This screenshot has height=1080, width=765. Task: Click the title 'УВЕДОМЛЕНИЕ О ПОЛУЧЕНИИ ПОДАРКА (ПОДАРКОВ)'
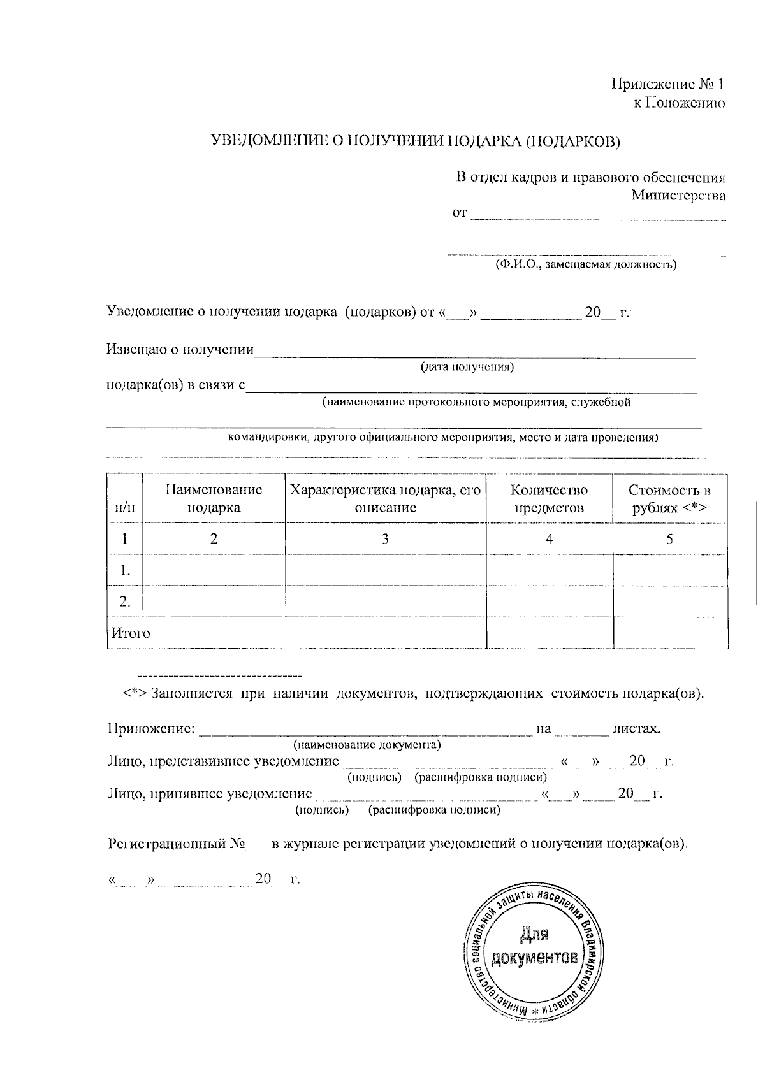tap(416, 141)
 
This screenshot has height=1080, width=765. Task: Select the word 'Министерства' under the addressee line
tap(678, 196)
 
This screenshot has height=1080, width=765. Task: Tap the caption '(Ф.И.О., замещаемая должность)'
tap(586, 264)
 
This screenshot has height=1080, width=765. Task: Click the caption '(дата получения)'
tap(467, 368)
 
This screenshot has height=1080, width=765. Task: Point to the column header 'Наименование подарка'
tap(214, 498)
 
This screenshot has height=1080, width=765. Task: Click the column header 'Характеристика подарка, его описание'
tap(385, 498)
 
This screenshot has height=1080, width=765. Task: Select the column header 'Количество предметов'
tap(549, 498)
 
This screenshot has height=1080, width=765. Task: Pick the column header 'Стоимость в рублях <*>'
tap(669, 498)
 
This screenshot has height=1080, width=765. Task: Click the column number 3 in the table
tap(385, 539)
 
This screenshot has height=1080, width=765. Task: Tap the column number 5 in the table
tap(669, 539)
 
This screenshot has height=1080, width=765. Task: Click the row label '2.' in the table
tap(125, 601)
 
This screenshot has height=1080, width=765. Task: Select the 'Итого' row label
tap(131, 633)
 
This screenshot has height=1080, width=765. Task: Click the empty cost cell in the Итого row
tap(669, 633)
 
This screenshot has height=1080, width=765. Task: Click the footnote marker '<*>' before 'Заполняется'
tap(135, 693)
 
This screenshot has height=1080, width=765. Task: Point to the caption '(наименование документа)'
tap(367, 744)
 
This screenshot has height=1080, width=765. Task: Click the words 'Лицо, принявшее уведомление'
tap(210, 794)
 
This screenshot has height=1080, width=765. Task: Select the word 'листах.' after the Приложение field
tap(636, 728)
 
